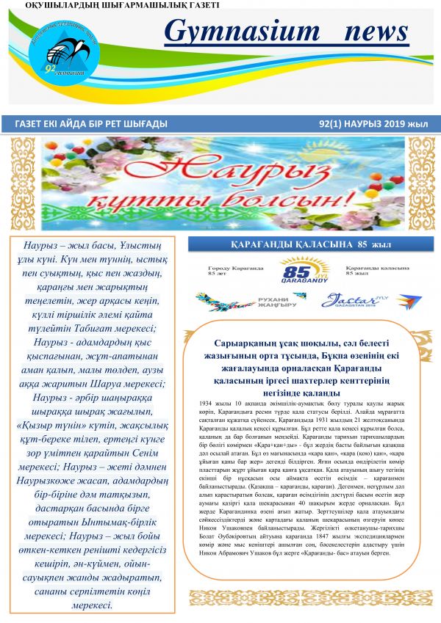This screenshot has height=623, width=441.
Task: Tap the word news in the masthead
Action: [x=375, y=32]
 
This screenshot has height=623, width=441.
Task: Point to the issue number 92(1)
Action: [x=335, y=124]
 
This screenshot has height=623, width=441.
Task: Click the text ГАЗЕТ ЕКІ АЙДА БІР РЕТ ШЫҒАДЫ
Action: [x=90, y=124]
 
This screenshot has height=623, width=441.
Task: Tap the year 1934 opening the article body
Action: [x=207, y=403]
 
